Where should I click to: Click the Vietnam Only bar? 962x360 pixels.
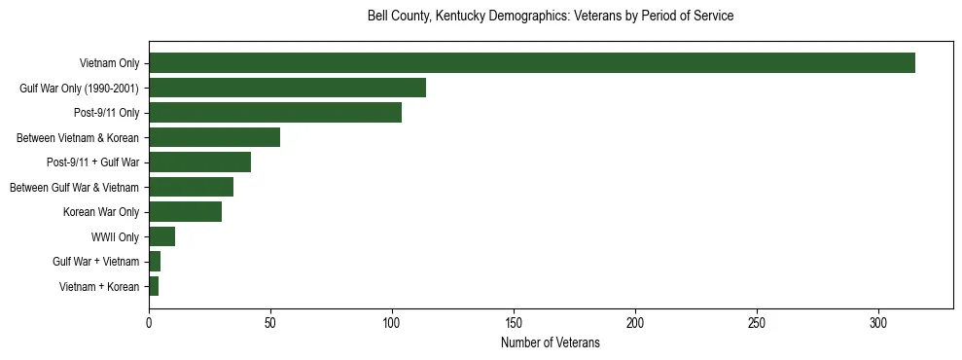pos(531,63)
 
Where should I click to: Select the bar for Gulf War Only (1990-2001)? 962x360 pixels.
pos(287,88)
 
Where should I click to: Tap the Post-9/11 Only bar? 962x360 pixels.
pos(275,113)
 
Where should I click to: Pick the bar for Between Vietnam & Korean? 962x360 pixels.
pos(214,137)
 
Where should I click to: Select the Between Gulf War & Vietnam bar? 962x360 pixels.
pos(191,187)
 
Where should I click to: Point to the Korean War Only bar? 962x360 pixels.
pos(185,212)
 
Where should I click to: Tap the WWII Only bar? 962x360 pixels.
pos(161,236)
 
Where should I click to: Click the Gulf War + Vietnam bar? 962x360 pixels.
pos(155,262)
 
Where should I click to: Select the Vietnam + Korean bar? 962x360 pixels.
pos(154,286)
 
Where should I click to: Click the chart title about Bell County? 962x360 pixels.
pos(551,17)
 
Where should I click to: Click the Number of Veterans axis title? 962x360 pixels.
pos(551,343)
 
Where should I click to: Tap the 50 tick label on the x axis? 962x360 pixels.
pos(270,322)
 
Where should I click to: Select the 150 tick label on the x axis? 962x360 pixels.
pos(514,322)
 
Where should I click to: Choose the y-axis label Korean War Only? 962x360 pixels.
pos(101,212)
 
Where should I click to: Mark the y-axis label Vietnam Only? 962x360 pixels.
pos(109,63)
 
